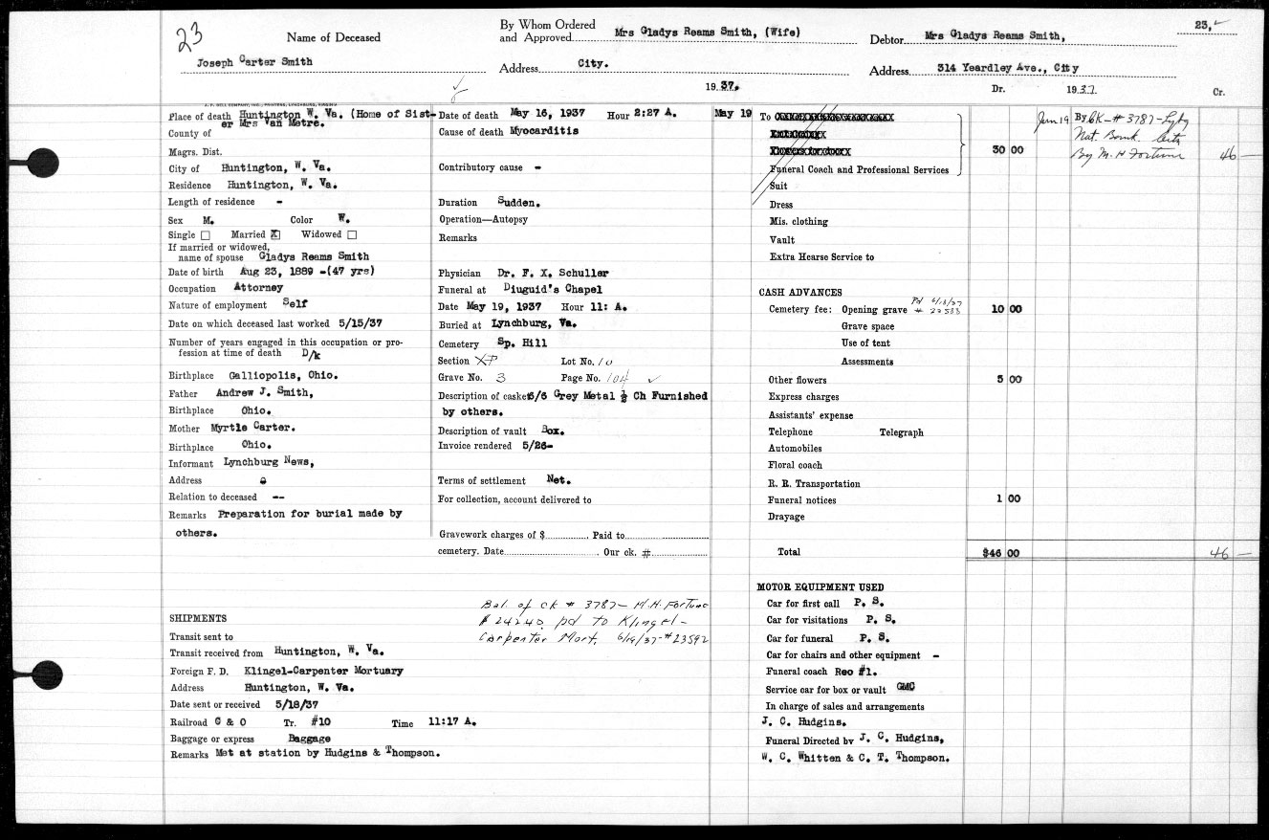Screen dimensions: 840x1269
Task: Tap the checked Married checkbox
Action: point(275,234)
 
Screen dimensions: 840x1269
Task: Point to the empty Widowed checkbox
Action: point(352,234)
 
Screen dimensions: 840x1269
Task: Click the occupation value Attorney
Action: point(258,287)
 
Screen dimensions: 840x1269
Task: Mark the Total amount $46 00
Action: point(1001,553)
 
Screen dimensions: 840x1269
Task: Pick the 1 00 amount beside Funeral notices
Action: point(1008,498)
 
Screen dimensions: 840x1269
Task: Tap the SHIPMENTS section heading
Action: point(198,618)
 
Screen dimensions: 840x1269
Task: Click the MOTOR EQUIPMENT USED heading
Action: point(820,586)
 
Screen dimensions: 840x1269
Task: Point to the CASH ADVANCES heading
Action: point(800,292)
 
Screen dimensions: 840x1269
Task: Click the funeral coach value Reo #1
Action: point(870,673)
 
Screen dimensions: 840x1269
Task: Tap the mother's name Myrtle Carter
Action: point(259,428)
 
